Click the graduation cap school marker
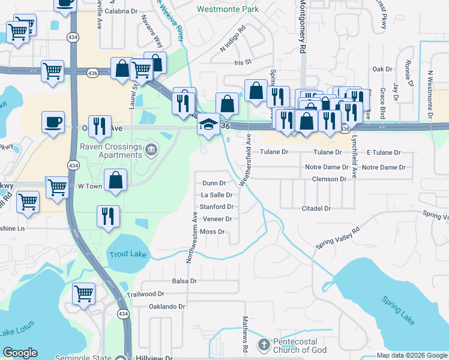point(208,125)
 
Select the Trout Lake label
point(128,254)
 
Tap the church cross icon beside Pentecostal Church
point(263,345)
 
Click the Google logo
point(20,353)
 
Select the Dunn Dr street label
point(214,183)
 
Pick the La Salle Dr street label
point(216,195)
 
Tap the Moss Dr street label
point(212,232)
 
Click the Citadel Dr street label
point(316,208)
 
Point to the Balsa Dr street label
point(184,281)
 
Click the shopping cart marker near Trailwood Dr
point(83,294)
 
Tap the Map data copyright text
point(411,355)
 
